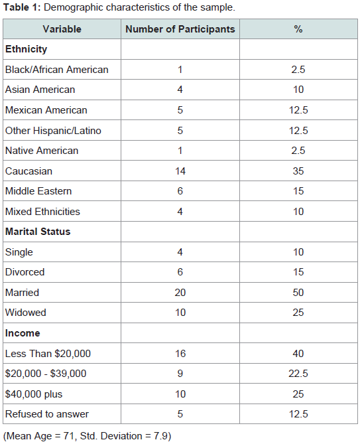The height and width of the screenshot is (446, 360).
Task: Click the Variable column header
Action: pyautogui.click(x=62, y=29)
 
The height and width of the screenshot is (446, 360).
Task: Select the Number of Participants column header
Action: pyautogui.click(x=180, y=29)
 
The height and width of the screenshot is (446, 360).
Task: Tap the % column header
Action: pyautogui.click(x=298, y=29)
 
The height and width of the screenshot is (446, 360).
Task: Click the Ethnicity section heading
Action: pyautogui.click(x=26, y=49)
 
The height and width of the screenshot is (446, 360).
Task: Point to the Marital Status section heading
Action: pyautogui.click(x=38, y=232)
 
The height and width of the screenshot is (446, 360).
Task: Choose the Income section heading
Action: pyautogui.click(x=23, y=333)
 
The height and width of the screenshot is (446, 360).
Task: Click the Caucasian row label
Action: pyautogui.click(x=29, y=171)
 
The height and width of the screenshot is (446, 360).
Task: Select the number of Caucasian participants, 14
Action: pyautogui.click(x=180, y=171)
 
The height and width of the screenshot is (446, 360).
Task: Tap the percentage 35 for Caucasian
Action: pyautogui.click(x=298, y=171)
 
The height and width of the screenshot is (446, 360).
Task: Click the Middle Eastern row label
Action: pyautogui.click(x=38, y=191)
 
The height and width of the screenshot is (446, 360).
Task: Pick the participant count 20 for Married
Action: pyautogui.click(x=180, y=293)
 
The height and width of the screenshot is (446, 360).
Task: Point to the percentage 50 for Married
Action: pyautogui.click(x=298, y=293)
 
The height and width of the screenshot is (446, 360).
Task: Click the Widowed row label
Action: pyautogui.click(x=26, y=313)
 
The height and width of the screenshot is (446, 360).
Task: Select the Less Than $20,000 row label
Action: pyautogui.click(x=48, y=354)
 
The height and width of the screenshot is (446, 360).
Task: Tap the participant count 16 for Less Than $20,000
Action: pyautogui.click(x=180, y=354)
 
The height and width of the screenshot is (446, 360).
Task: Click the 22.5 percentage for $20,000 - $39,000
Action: pyautogui.click(x=298, y=374)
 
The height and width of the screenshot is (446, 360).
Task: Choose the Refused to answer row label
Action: pyautogui.click(x=47, y=414)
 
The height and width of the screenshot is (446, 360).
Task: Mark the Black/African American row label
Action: pyautogui.click(x=57, y=70)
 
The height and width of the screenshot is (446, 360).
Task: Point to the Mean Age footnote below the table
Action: pyautogui.click(x=88, y=436)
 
